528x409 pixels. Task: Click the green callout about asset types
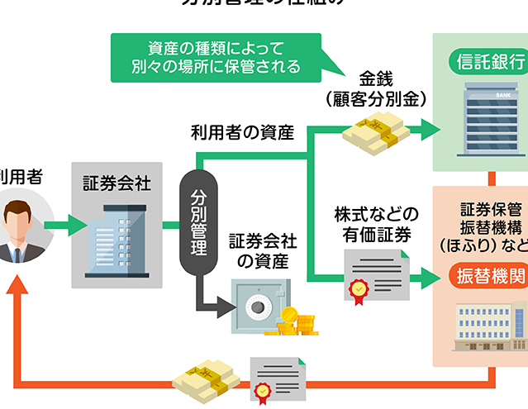tap(216, 56)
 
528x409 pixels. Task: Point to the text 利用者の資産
tap(242, 131)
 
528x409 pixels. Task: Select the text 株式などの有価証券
tap(376, 223)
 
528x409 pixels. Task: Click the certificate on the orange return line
tap(278, 380)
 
